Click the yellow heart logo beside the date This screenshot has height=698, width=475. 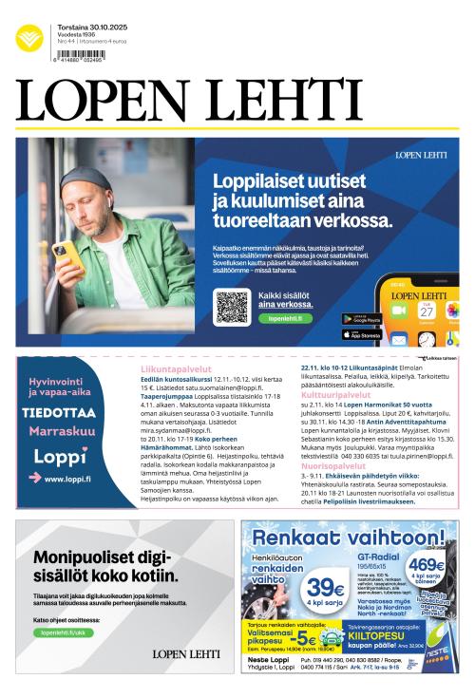tap(29, 37)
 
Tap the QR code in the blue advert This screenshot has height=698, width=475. tap(232, 306)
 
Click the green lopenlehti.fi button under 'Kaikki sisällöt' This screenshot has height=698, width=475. tap(285, 319)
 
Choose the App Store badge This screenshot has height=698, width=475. tap(361, 334)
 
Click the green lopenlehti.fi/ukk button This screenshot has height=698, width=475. tap(60, 632)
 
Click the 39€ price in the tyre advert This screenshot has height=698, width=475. tap(325, 587)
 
